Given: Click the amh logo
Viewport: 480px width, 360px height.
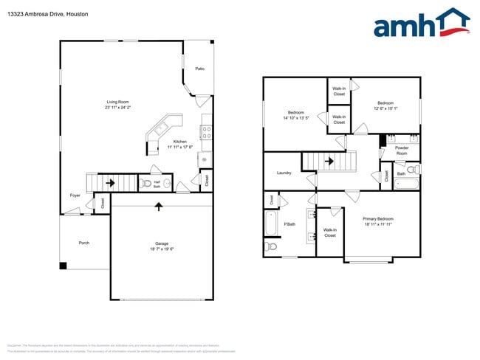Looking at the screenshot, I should click(x=421, y=24).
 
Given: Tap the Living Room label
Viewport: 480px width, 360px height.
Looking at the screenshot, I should click(x=118, y=102).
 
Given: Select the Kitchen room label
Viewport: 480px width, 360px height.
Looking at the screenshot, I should click(x=179, y=141).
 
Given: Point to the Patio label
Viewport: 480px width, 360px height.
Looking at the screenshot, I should click(x=199, y=69).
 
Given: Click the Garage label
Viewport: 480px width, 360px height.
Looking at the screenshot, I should click(x=162, y=243).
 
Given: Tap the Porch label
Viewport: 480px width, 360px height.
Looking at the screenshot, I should click(x=84, y=243).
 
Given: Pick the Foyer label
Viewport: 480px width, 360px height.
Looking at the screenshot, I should click(x=75, y=195).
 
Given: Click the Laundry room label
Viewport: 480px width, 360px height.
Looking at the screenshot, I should click(x=284, y=173).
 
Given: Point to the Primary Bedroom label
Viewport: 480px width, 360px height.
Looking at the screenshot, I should click(x=377, y=218).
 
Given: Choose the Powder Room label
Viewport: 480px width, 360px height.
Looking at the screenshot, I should click(x=402, y=150).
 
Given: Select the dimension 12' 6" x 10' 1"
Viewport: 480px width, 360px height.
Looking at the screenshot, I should click(x=385, y=108).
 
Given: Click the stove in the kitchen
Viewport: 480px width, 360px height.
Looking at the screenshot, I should click(x=207, y=133).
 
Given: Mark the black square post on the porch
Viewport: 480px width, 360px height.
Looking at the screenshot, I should click(x=63, y=266).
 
